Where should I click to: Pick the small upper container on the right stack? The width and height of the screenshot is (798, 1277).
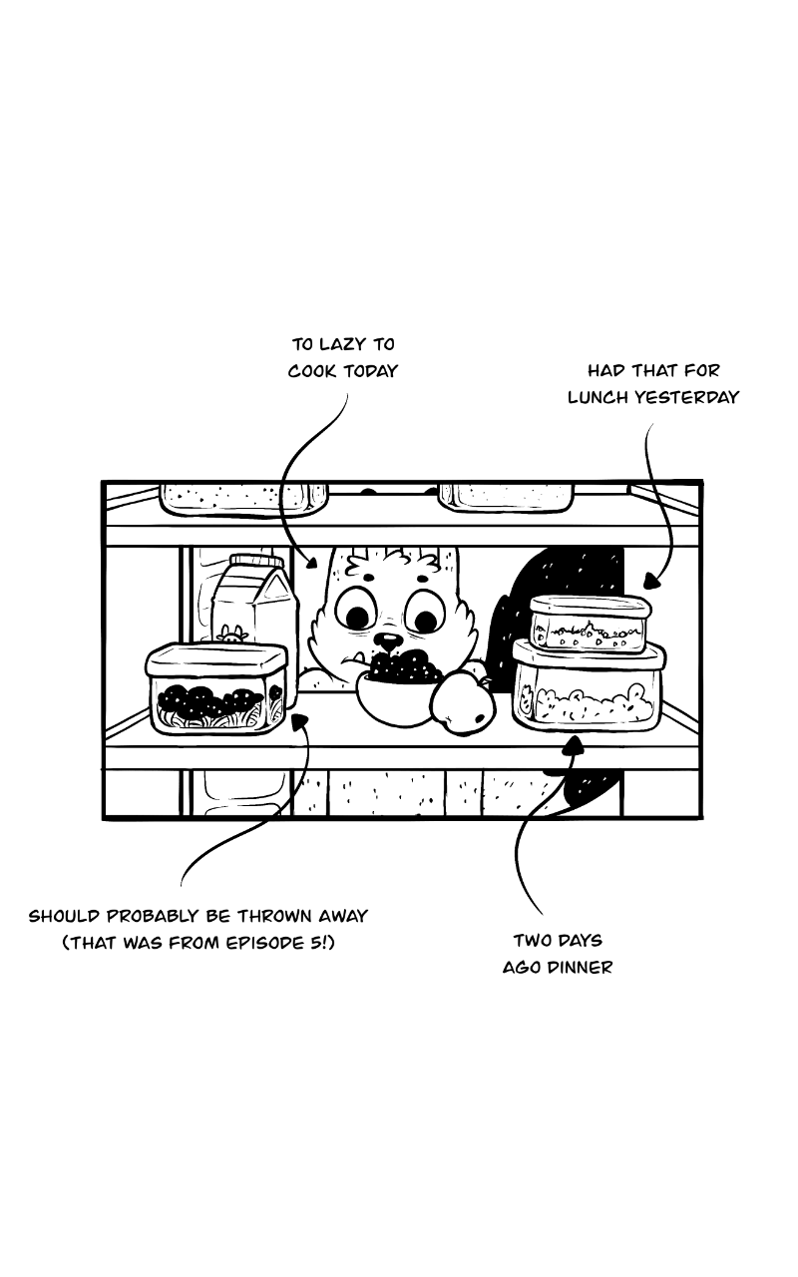click(589, 624)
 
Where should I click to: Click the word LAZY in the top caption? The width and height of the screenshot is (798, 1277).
click(342, 344)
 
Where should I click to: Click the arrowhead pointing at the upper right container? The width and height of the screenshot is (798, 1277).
click(651, 581)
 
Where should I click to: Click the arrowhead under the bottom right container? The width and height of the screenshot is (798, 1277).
click(575, 744)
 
